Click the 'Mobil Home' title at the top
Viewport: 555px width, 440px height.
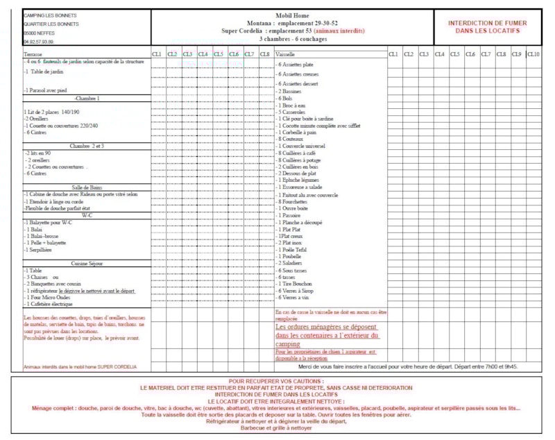click(x=291, y=15)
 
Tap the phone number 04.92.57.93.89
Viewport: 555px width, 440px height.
click(x=39, y=42)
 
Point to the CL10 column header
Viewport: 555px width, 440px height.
click(x=533, y=54)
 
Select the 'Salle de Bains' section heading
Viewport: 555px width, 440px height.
click(x=87, y=187)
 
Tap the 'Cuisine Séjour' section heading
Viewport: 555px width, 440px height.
click(x=87, y=264)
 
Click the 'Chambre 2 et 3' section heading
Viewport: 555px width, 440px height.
click(x=87, y=146)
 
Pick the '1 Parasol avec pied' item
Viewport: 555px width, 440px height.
click(x=46, y=90)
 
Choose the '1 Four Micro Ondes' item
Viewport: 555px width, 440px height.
click(x=50, y=297)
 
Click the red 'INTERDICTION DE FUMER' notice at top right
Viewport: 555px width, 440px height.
click(x=484, y=26)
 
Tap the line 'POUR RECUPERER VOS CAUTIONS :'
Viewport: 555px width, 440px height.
click(x=277, y=382)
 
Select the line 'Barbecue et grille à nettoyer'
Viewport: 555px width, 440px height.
click(x=277, y=428)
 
